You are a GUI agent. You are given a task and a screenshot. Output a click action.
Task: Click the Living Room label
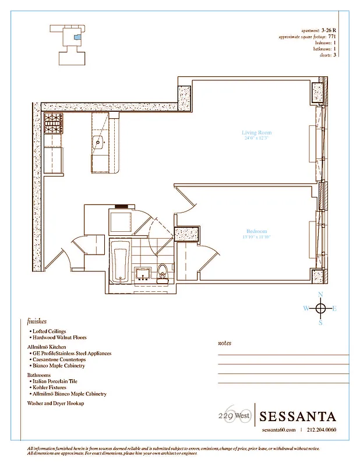256,133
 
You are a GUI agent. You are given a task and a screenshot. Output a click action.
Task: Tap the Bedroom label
256,231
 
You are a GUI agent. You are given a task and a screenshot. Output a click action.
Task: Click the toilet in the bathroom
163,272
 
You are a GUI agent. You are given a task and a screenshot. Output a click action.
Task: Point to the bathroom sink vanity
142,274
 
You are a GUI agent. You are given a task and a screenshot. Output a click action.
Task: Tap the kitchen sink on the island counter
98,140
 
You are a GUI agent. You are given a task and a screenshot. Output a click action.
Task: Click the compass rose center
320,308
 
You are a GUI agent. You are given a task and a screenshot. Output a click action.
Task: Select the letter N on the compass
320,294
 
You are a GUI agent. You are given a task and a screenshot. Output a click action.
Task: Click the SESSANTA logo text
297,416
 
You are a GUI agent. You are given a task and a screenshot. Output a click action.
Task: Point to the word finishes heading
37,321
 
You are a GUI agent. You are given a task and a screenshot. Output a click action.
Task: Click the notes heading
224,343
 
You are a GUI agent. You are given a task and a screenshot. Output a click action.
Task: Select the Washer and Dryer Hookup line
55,403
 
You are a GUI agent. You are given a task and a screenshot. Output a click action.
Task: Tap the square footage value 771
332,36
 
